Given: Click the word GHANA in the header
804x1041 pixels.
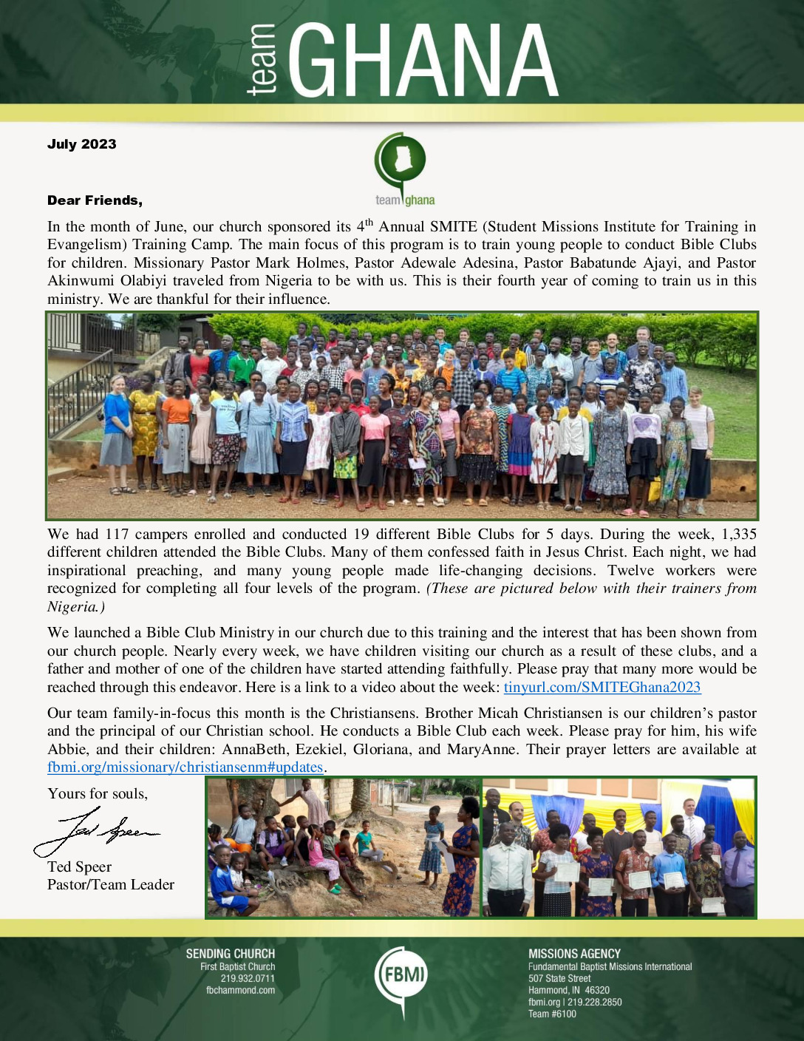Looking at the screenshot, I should point(423,61).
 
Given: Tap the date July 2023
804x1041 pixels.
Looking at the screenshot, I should point(82,144).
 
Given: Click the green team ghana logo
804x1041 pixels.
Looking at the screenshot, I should point(403,169).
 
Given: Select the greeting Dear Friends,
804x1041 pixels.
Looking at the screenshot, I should point(95,200).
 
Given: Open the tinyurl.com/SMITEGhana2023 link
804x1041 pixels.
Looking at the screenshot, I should point(602,688).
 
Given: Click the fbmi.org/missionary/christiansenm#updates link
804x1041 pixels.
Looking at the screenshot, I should point(185,767).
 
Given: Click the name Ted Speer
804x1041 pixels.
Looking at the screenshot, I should point(80,867).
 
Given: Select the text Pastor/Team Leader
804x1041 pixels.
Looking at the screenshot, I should point(111,885).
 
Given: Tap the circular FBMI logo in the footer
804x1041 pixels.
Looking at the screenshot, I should point(401,975).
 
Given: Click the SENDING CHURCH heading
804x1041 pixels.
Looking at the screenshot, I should point(230,954).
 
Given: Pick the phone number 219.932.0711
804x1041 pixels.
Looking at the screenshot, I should point(248,978).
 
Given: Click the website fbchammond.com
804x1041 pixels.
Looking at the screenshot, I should point(240,990).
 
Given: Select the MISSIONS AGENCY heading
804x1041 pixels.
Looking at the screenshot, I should point(574,954).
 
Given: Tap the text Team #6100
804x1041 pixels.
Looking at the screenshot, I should point(552,1014).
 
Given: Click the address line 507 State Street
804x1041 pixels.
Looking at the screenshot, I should point(559,978).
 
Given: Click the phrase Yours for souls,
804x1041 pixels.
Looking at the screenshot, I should point(98,793).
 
